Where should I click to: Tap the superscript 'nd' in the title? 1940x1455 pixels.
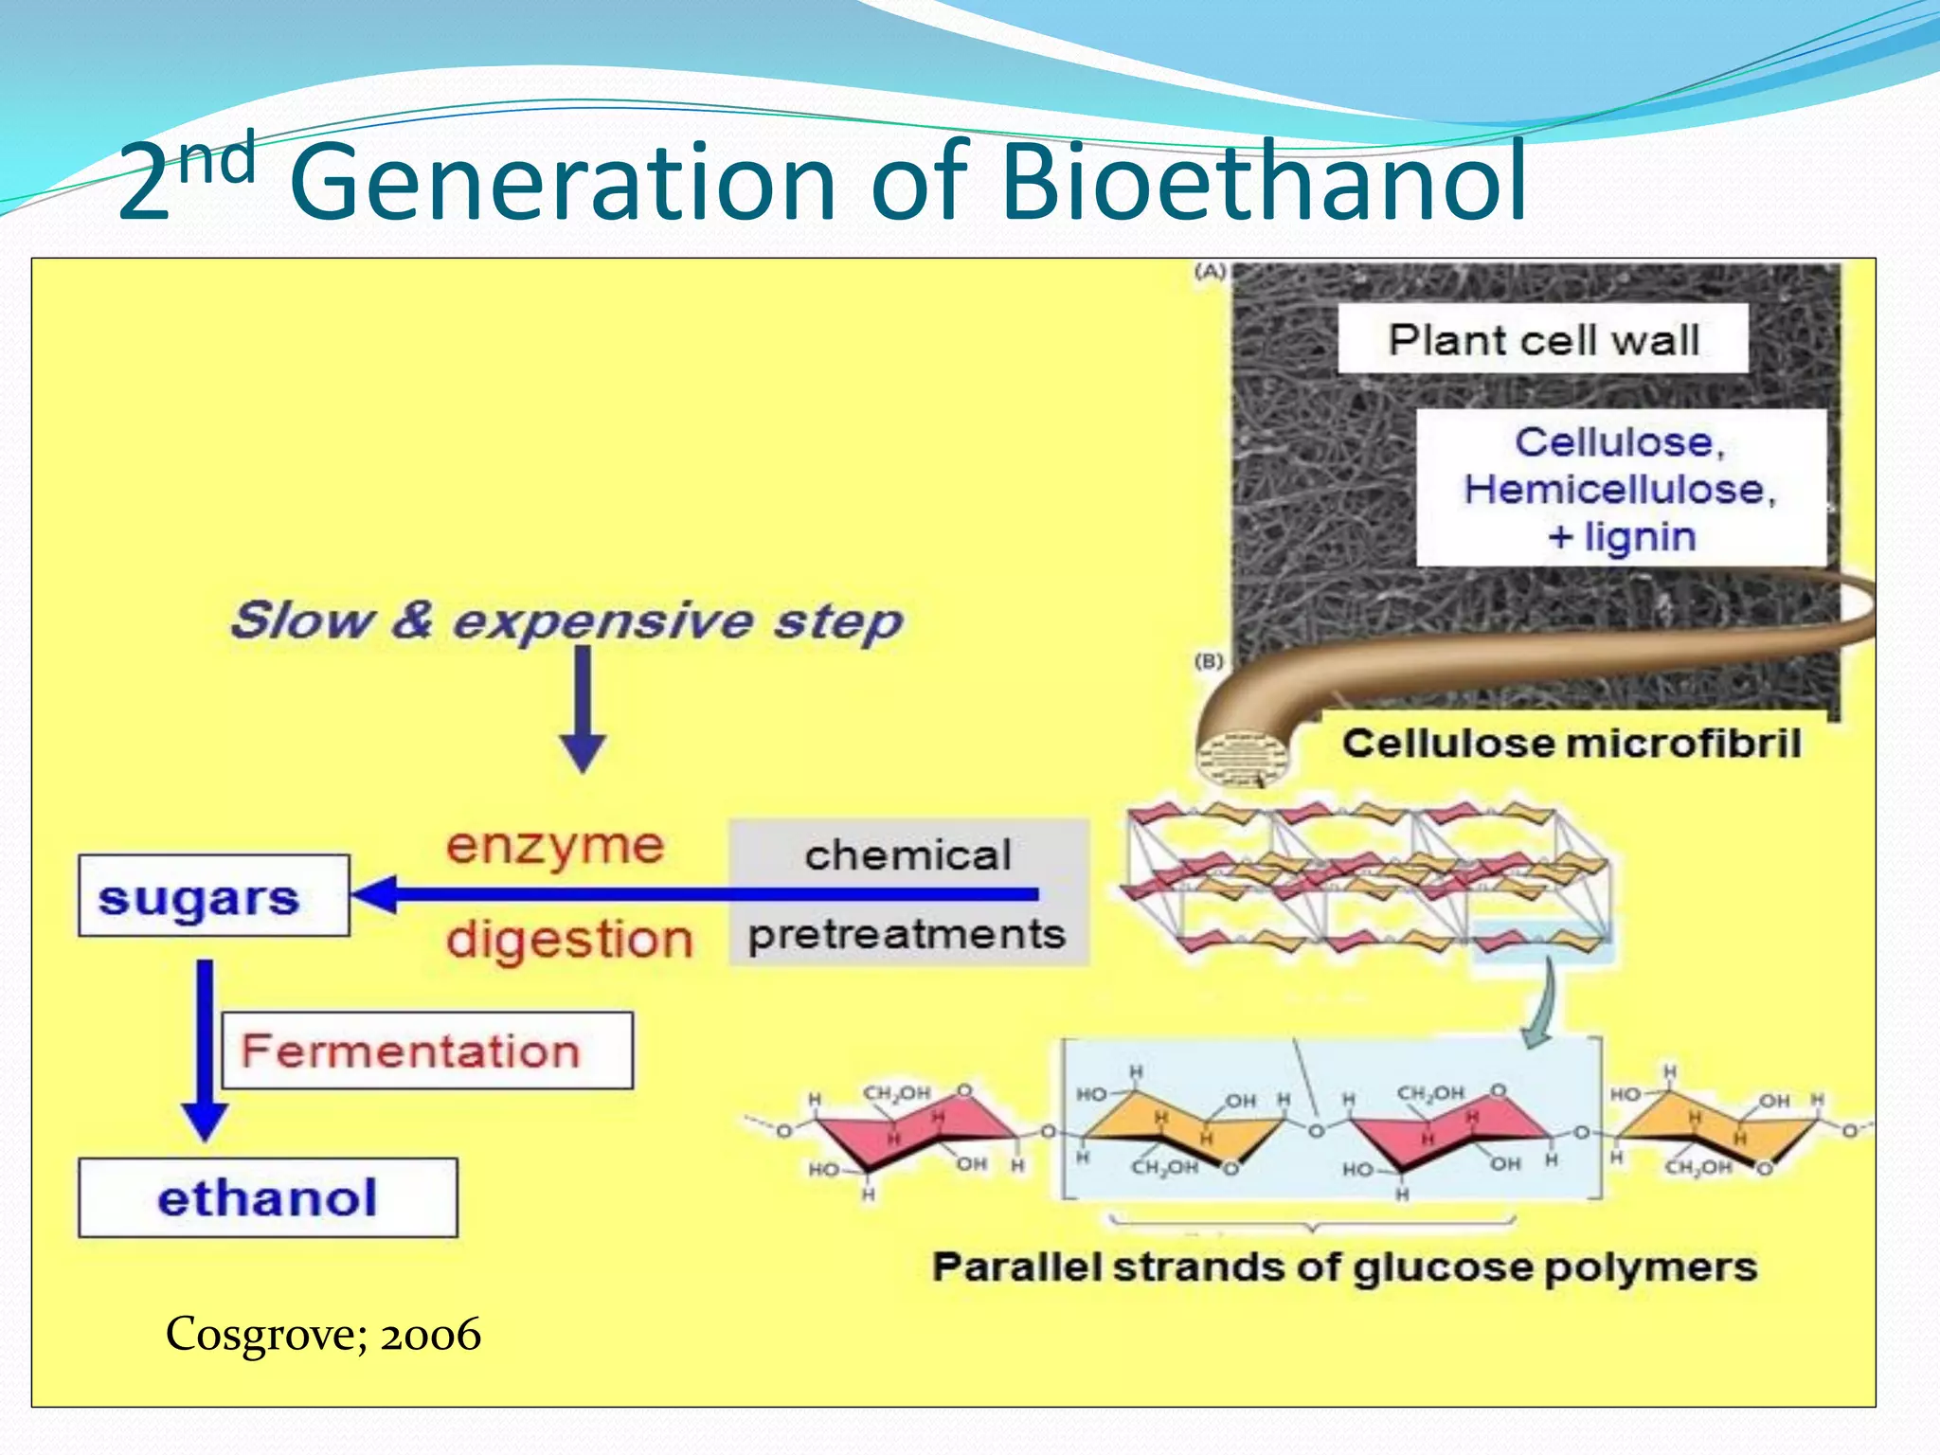pyautogui.click(x=217, y=158)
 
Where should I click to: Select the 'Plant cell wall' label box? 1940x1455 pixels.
pyautogui.click(x=1542, y=339)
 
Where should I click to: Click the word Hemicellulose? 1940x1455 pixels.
pyautogui.click(x=1620, y=490)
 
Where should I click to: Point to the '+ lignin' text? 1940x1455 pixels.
pyautogui.click(x=1622, y=537)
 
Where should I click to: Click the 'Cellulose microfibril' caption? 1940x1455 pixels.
pyautogui.click(x=1571, y=744)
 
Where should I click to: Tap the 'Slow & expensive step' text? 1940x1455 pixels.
pyautogui.click(x=566, y=621)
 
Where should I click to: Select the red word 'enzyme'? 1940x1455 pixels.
pyautogui.click(x=555, y=845)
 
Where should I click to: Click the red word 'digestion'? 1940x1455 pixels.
pyautogui.click(x=569, y=940)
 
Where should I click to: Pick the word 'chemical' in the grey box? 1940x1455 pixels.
pyautogui.click(x=907, y=855)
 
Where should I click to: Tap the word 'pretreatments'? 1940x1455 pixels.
pyautogui.click(x=907, y=935)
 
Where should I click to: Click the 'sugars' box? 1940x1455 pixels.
pyautogui.click(x=213, y=896)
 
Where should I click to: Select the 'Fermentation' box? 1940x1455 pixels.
pyautogui.click(x=427, y=1051)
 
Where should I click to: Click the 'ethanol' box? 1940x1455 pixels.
pyautogui.click(x=267, y=1198)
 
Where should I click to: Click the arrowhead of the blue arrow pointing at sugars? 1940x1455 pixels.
pyautogui.click(x=374, y=894)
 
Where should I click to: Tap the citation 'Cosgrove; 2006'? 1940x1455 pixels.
pyautogui.click(x=323, y=1335)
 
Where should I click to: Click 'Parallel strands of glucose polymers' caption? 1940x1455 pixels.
pyautogui.click(x=1344, y=1267)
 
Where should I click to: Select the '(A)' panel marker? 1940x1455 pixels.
pyautogui.click(x=1210, y=272)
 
